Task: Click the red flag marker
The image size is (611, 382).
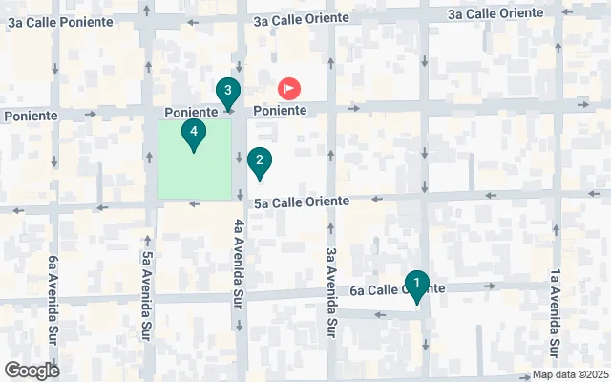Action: coord(288,89)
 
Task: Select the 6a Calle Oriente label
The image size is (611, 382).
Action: coord(397,289)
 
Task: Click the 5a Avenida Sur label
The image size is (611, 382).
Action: coord(147,283)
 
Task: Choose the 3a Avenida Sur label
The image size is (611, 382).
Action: coord(330,293)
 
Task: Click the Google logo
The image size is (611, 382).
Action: coord(32,371)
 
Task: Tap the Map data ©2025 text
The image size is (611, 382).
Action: coord(570,375)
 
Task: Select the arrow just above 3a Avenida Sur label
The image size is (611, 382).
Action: coord(330,228)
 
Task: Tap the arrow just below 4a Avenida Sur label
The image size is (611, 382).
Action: coord(240,325)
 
